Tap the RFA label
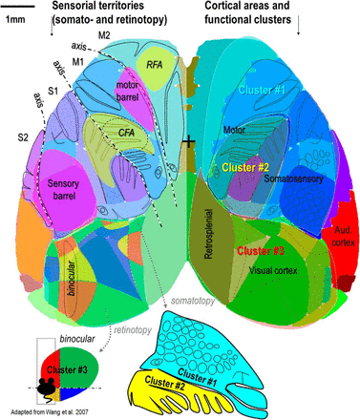154,63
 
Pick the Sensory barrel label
56,182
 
